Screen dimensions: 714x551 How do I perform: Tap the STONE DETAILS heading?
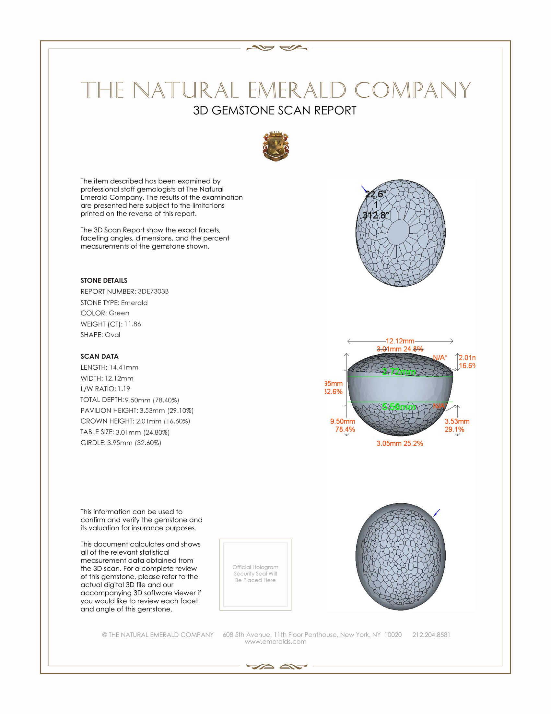click(x=104, y=280)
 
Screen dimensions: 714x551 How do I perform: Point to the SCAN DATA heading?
click(x=100, y=356)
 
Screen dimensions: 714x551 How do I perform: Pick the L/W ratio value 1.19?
click(x=124, y=389)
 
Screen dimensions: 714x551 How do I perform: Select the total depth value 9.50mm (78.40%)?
click(x=152, y=400)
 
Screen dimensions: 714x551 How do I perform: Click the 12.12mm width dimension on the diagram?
click(x=400, y=341)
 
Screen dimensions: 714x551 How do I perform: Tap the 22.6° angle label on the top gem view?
click(x=375, y=194)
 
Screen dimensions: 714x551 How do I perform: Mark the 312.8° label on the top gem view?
click(x=376, y=215)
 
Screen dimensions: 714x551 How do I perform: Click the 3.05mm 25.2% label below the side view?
click(x=400, y=443)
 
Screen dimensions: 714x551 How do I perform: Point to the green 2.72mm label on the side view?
click(x=399, y=371)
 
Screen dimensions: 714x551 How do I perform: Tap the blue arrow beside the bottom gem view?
click(x=437, y=512)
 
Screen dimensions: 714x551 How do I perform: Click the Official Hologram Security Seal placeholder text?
click(x=255, y=573)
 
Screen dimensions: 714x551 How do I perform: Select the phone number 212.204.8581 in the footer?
click(x=431, y=634)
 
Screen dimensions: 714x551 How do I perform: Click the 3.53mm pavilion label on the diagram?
click(x=457, y=421)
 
